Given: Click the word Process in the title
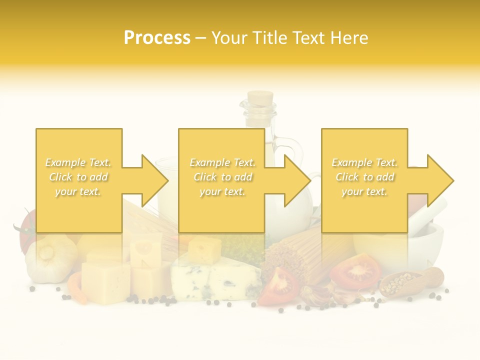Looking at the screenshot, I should click(x=157, y=37).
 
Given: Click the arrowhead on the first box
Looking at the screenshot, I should click(x=153, y=180).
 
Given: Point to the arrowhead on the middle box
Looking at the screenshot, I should click(x=296, y=180).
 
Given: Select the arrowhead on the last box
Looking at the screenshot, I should click(x=439, y=180).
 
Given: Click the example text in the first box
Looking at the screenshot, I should click(x=78, y=177).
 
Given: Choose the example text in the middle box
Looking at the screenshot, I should click(x=222, y=177).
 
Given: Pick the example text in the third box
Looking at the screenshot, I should click(x=364, y=177).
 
